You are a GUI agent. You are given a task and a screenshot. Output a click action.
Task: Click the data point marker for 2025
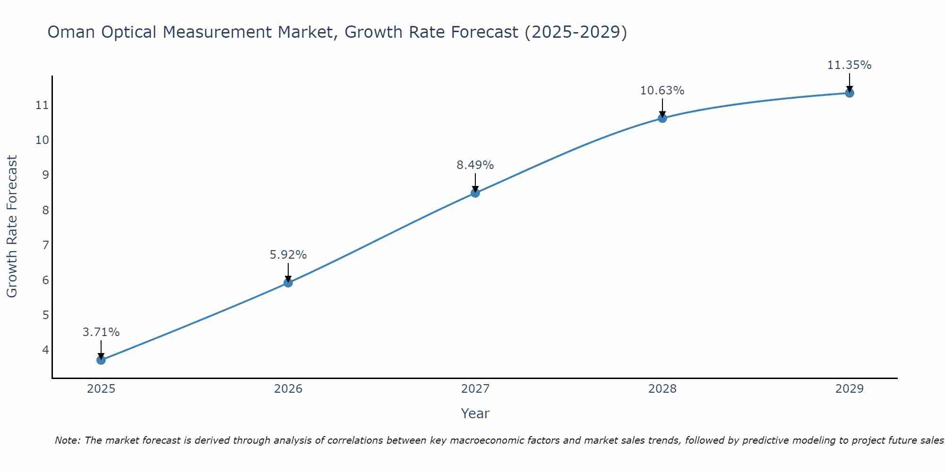click(x=101, y=360)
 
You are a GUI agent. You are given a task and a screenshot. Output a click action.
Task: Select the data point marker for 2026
click(x=288, y=283)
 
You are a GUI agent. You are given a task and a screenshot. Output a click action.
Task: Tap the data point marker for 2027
click(x=475, y=193)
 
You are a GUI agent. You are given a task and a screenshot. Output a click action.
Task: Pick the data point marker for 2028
click(x=662, y=118)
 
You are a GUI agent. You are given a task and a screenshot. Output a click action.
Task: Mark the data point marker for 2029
click(x=850, y=93)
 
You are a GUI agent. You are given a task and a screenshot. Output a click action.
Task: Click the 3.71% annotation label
click(x=101, y=332)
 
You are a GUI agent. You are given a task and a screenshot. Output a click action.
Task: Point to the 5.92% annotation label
click(x=288, y=255)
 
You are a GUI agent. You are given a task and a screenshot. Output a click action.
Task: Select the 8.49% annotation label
click(x=475, y=165)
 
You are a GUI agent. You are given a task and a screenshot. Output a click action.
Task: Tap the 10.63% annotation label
click(x=662, y=91)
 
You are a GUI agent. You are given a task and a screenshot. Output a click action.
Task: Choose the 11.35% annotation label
click(x=850, y=65)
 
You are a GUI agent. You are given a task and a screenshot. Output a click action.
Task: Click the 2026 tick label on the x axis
click(x=288, y=389)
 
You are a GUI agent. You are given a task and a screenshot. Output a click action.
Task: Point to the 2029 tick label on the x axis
click(x=850, y=389)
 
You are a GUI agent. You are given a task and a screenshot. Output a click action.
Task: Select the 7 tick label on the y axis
click(x=45, y=245)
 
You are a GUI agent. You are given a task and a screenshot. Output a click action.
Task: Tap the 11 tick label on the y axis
click(x=43, y=105)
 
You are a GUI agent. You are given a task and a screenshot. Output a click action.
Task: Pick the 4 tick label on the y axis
click(x=45, y=350)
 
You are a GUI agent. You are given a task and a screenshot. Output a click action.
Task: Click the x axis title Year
click(x=475, y=413)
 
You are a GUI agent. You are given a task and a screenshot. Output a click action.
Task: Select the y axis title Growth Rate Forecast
click(x=12, y=227)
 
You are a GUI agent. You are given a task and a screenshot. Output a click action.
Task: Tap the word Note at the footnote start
click(x=68, y=440)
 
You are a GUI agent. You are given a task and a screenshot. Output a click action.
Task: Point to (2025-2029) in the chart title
click(x=576, y=32)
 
